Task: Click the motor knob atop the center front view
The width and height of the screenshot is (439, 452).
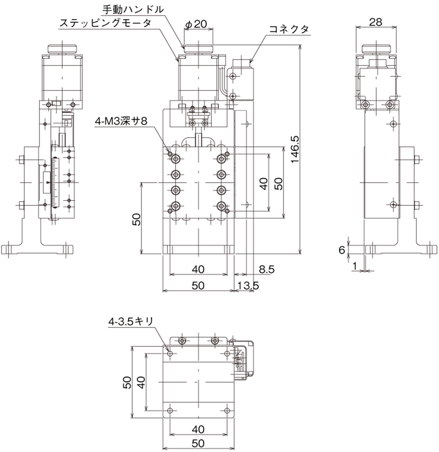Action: point(198,48)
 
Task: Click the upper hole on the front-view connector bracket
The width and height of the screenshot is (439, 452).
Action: point(233,76)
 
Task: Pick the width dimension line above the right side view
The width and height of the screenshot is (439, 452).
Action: point(376,27)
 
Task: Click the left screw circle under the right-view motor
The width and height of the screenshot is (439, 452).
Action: point(365,105)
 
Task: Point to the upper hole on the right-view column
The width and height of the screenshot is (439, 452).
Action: point(393,124)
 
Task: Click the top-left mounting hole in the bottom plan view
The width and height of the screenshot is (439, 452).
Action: point(170,353)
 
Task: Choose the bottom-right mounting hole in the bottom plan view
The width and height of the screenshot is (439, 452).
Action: point(227,411)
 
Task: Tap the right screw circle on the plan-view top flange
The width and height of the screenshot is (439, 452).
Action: point(214,341)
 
